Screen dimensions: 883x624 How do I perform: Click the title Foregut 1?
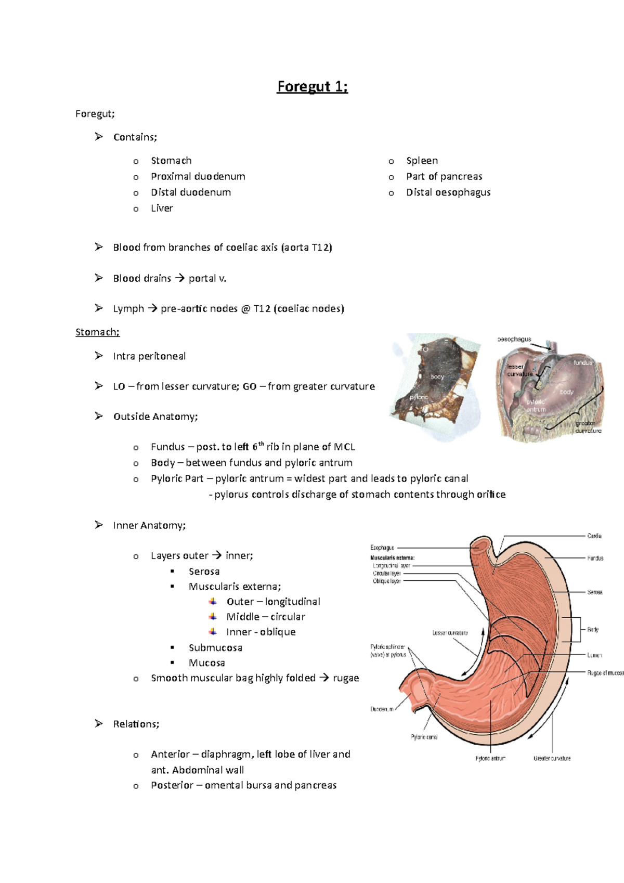[312, 86]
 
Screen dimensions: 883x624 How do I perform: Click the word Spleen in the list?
[422, 161]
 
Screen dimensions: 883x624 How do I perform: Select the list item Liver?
[162, 208]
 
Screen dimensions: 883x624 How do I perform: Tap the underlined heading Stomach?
[97, 332]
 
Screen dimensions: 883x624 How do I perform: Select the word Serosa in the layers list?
[204, 572]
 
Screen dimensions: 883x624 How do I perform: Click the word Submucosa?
[215, 647]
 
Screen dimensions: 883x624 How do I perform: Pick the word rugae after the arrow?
[346, 678]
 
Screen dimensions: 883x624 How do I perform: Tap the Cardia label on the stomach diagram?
[594, 536]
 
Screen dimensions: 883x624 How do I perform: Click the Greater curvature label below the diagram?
[552, 758]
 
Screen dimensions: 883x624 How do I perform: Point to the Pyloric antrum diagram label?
[490, 758]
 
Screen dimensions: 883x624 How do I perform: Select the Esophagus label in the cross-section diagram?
[382, 548]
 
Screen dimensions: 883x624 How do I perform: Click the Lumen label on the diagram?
[594, 655]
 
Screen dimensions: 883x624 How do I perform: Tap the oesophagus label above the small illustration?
[514, 339]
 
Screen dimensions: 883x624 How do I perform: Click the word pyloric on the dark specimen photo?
[419, 397]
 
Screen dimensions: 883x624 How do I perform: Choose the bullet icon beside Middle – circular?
[213, 616]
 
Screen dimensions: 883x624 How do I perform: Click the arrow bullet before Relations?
[99, 723]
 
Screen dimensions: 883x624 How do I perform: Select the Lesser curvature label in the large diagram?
[450, 633]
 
